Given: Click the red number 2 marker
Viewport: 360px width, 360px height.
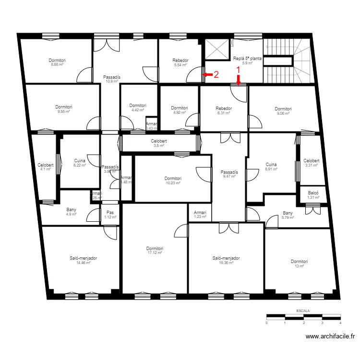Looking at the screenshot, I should click(x=216, y=75).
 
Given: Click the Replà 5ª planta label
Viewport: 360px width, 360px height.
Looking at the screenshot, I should click(x=247, y=59).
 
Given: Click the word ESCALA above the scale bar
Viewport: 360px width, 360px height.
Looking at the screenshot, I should click(x=303, y=311).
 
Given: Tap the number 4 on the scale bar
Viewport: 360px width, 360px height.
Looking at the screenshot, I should click(x=340, y=323).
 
